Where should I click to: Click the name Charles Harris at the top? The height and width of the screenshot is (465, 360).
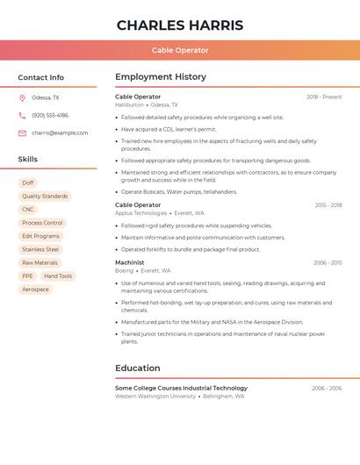click(x=180, y=25)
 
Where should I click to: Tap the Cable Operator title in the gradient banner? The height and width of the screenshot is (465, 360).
click(x=180, y=50)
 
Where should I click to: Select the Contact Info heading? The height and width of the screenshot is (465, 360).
click(x=40, y=77)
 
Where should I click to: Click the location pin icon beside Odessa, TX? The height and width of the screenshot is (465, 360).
click(x=22, y=98)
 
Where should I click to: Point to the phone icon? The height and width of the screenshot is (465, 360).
click(x=22, y=116)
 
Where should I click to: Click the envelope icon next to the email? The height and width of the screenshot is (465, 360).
click(x=22, y=133)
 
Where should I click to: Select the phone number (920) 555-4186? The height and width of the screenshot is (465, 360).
click(x=50, y=116)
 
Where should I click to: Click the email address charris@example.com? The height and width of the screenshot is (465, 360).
click(x=60, y=133)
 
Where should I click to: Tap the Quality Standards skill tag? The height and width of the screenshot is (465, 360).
click(x=45, y=197)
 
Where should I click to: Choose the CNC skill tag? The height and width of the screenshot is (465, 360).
click(x=28, y=210)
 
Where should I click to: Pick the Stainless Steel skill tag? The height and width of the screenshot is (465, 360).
click(x=40, y=249)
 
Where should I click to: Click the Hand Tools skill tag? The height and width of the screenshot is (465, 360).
click(x=58, y=276)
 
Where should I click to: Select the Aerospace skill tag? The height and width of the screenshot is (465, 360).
click(x=35, y=290)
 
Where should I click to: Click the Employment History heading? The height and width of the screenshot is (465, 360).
click(x=161, y=77)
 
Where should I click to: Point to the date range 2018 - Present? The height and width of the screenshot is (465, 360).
click(x=324, y=97)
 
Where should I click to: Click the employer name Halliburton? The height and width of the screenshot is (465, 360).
click(x=129, y=104)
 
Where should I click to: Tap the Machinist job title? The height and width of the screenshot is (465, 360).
click(x=130, y=262)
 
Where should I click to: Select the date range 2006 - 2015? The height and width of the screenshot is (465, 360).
click(x=328, y=262)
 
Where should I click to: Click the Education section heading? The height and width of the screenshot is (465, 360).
click(x=138, y=368)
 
